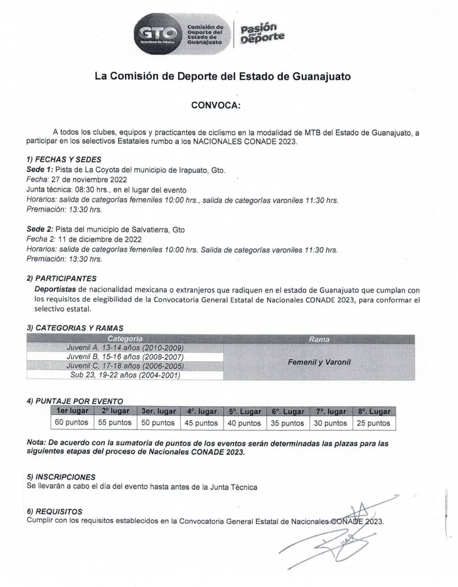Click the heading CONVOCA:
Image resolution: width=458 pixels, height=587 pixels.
coord(216,105)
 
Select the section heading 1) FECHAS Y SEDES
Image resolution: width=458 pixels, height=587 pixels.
coord(64,159)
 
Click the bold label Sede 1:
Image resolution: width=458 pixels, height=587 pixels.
coord(40,170)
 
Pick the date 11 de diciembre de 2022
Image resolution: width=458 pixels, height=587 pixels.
coord(96,239)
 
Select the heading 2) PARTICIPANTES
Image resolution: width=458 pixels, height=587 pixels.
coord(61,278)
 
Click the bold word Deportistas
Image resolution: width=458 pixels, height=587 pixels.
coord(55,290)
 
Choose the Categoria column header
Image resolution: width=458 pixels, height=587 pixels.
coord(125,339)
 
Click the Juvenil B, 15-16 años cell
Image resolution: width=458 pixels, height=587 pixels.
coord(125,357)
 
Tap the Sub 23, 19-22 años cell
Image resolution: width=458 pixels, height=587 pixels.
coord(125,375)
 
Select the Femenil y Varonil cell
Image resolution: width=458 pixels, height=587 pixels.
coord(319,362)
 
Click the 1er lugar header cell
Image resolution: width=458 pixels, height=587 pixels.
coord(72,411)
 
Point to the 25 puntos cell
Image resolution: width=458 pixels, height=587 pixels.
coord(373,423)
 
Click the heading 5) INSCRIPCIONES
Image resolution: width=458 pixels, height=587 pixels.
coord(61,477)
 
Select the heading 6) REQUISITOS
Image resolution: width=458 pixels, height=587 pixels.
coord(55,512)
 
